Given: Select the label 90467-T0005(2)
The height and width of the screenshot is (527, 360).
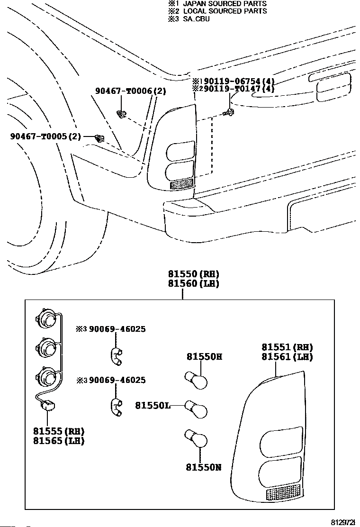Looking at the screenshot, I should point(45,136).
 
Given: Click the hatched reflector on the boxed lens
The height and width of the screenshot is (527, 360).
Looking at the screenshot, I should point(283,493).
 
